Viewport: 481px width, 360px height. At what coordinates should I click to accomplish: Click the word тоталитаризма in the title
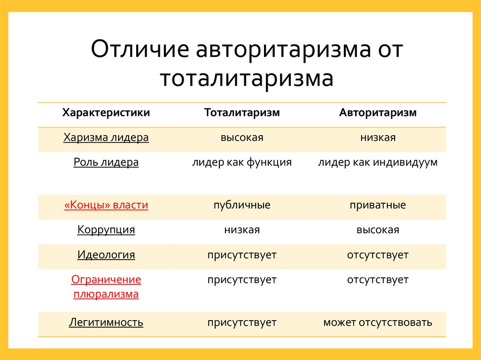click(x=247, y=78)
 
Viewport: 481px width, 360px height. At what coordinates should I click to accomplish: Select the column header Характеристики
click(x=106, y=113)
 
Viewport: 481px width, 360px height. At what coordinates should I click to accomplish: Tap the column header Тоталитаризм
click(x=242, y=113)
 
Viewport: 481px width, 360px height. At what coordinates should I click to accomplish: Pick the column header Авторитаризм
click(x=378, y=113)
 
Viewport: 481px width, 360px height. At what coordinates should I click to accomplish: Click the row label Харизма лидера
click(x=106, y=138)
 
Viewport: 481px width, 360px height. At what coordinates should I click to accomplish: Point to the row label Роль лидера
click(x=106, y=162)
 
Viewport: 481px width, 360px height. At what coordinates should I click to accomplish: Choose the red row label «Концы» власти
click(x=106, y=206)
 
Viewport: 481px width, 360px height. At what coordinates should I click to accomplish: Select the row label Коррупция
click(x=106, y=230)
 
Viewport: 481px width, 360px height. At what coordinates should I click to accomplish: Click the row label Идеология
click(x=106, y=255)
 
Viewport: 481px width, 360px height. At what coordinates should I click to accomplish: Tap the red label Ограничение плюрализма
click(x=106, y=287)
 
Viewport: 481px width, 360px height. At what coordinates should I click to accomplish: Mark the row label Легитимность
click(x=106, y=323)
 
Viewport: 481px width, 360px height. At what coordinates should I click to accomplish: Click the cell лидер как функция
click(x=242, y=162)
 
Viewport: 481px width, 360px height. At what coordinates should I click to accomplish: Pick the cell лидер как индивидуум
click(x=378, y=162)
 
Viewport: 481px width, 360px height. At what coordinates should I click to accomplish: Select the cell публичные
click(x=242, y=206)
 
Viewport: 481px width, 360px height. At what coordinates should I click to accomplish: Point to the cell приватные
click(x=378, y=206)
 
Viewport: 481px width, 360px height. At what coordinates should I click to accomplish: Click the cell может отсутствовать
click(x=378, y=323)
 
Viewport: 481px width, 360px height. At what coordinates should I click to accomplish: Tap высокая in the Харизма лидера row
click(x=242, y=138)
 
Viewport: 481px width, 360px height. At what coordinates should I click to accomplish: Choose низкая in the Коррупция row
click(x=242, y=230)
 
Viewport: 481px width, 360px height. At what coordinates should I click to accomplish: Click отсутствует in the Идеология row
click(x=378, y=255)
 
